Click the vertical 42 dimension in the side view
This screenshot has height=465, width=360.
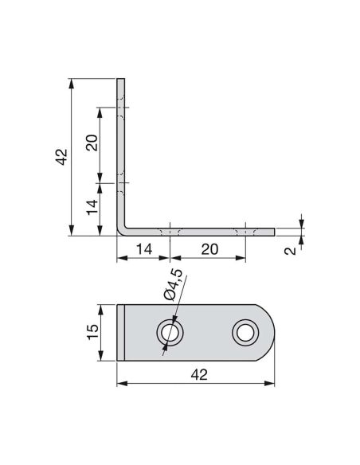[x=63, y=156]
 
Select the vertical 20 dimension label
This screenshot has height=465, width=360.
[x=92, y=143]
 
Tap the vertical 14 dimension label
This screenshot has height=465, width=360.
[x=92, y=209]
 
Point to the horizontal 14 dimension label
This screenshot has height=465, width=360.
[x=143, y=248]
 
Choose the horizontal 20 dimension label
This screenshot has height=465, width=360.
[x=208, y=248]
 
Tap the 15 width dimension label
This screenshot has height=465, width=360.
[x=92, y=332]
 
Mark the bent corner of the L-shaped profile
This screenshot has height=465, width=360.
[x=122, y=231]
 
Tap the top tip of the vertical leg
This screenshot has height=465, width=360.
[x=121, y=80]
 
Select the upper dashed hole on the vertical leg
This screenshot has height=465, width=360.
[x=121, y=109]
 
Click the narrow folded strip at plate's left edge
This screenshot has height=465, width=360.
[x=122, y=332]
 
